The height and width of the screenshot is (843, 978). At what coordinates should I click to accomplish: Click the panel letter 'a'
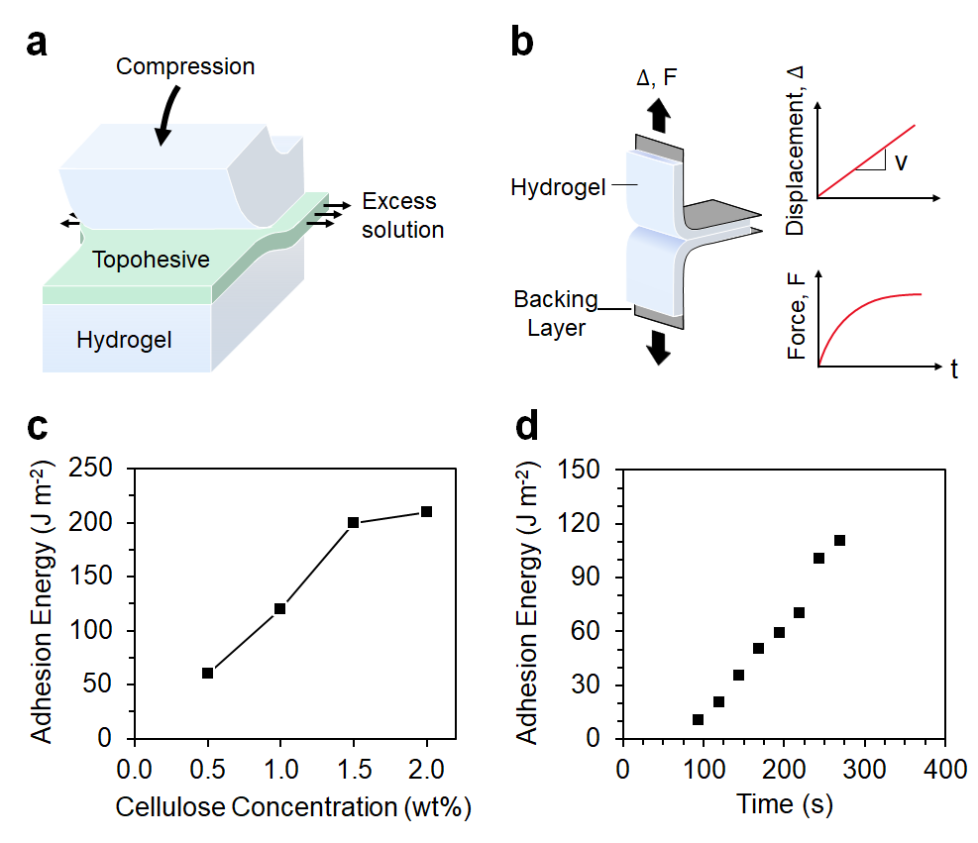pyautogui.click(x=39, y=45)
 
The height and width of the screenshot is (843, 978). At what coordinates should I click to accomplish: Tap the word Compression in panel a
pyautogui.click(x=185, y=67)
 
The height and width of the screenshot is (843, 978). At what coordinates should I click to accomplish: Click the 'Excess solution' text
pyautogui.click(x=402, y=216)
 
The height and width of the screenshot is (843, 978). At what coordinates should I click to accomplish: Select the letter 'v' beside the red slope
pyautogui.click(x=902, y=162)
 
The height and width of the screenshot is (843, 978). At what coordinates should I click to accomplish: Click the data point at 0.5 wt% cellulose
pyautogui.click(x=207, y=673)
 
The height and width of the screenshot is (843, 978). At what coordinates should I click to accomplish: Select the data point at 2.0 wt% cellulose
pyautogui.click(x=426, y=511)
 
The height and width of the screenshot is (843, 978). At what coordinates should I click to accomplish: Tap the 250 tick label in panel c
pyautogui.click(x=93, y=469)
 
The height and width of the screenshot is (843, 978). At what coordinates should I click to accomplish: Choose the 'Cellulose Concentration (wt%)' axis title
pyautogui.click(x=292, y=807)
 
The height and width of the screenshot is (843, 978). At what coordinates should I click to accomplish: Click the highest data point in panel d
pyautogui.click(x=839, y=540)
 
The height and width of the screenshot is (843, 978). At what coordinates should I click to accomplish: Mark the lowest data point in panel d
pyautogui.click(x=698, y=720)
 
